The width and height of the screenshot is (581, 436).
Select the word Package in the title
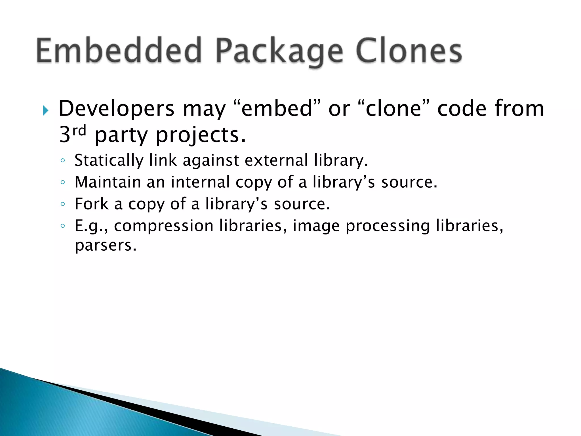[x=279, y=53]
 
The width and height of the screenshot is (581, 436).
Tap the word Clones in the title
[x=409, y=51]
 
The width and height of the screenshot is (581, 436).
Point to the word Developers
[x=116, y=109]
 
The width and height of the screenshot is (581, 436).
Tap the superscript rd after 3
[x=79, y=131]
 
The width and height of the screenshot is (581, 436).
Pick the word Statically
[x=109, y=161]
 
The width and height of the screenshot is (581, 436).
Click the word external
[x=276, y=160]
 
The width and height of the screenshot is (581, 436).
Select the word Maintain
[x=108, y=182]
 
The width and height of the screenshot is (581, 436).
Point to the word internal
[x=200, y=182]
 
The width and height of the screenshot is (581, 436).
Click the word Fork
[x=92, y=204]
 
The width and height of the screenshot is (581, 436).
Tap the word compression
[x=164, y=226]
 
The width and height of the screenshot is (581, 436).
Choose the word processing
[x=388, y=226]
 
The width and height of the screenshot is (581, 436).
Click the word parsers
[x=106, y=246]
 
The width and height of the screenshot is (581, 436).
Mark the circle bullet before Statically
[x=63, y=161]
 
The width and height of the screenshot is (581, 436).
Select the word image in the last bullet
[x=316, y=226]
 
